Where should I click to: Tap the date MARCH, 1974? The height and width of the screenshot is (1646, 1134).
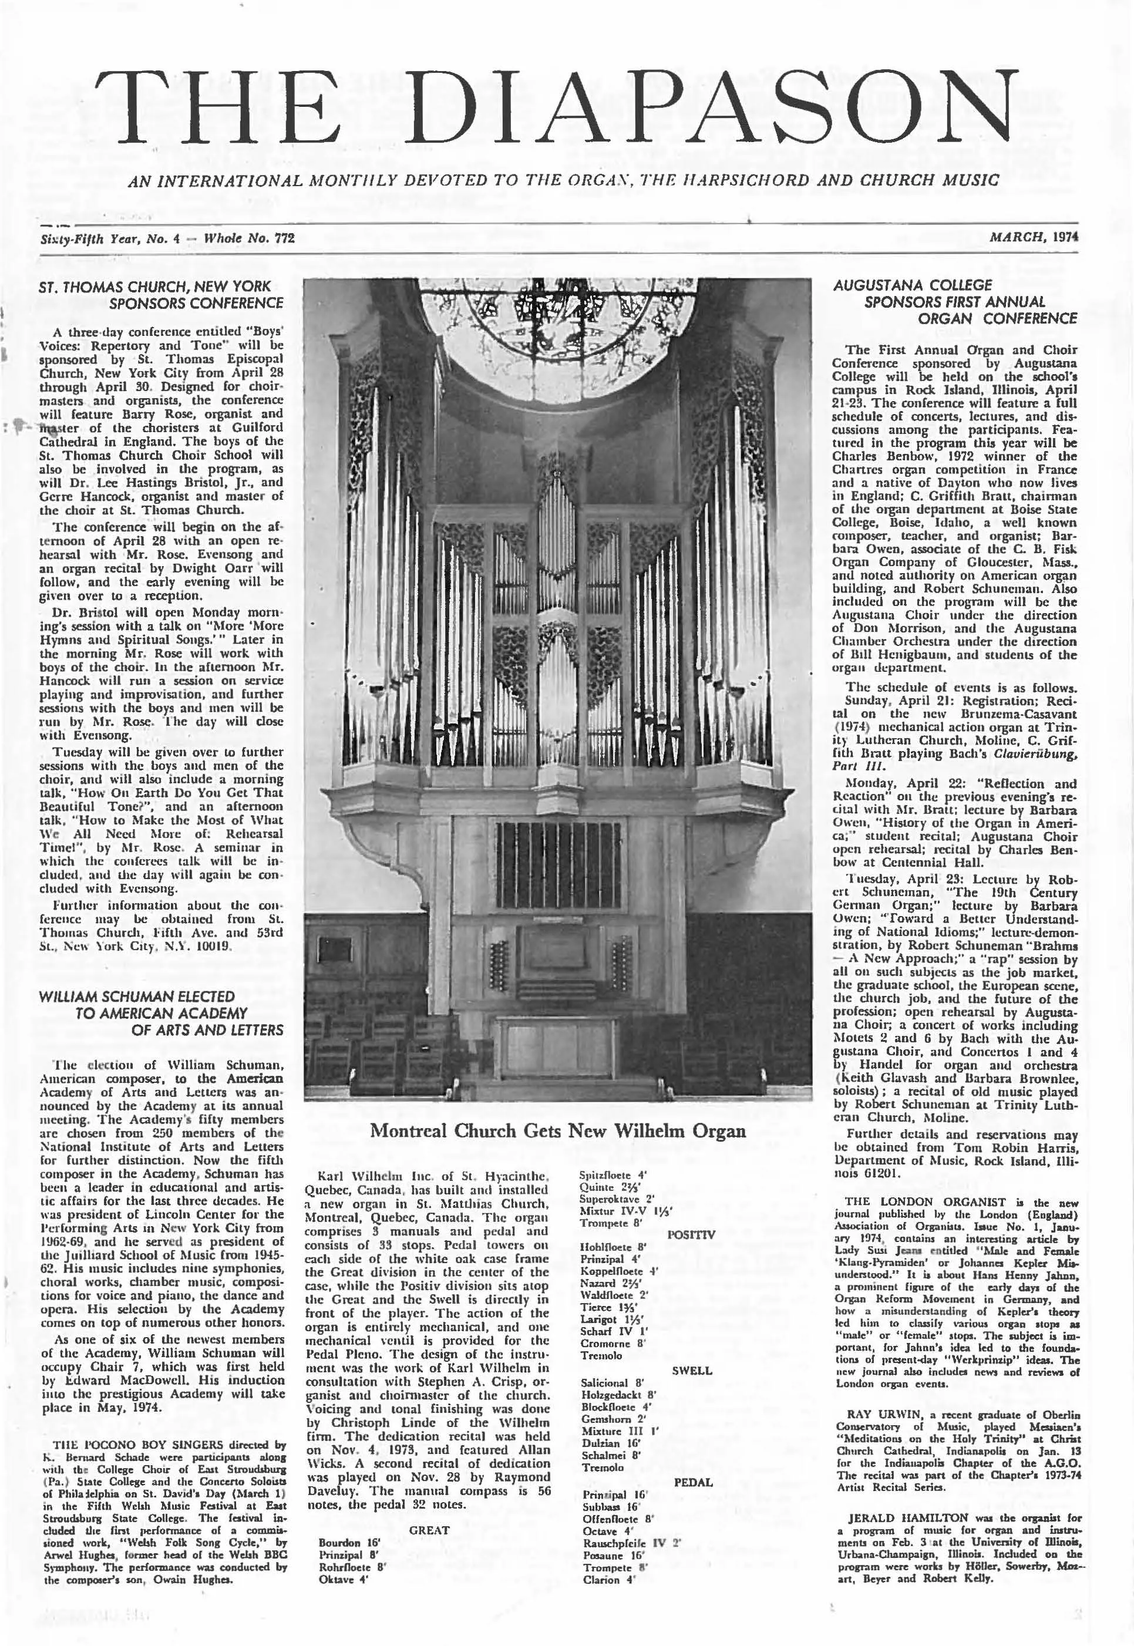[x=1033, y=238]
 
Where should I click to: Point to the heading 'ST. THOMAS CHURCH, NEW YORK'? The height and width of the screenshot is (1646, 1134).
[x=155, y=287]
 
